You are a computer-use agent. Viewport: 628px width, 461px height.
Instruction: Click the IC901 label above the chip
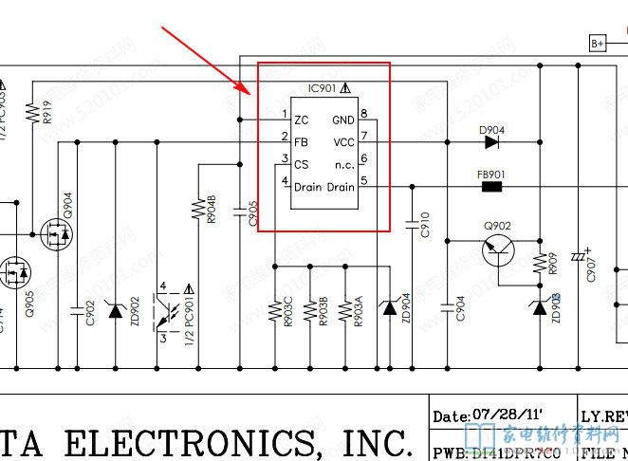pos(323,88)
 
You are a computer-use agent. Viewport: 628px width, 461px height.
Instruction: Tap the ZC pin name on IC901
pos(301,120)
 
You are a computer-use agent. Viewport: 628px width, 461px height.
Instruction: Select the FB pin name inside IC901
pos(301,142)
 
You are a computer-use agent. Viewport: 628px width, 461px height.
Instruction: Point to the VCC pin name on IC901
pos(342,142)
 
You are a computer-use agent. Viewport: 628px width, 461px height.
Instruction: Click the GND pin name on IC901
pos(342,120)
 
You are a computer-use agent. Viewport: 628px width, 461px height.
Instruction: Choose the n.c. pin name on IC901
pos(343,164)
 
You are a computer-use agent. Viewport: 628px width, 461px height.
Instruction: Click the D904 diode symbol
pos(490,143)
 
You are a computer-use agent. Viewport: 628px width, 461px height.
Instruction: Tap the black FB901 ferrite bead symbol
pos(492,187)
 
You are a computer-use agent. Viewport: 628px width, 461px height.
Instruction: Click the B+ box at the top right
pos(598,43)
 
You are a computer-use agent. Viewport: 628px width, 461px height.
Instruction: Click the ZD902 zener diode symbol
pos(116,309)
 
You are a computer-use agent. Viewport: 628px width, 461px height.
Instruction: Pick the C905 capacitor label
pos(252,213)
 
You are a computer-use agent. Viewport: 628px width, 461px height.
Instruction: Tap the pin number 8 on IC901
pos(364,114)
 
